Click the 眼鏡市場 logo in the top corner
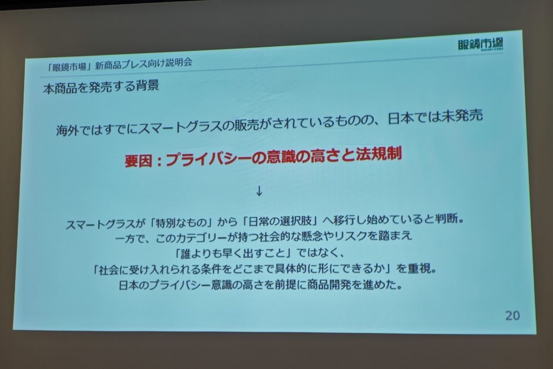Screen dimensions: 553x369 coord(480,45)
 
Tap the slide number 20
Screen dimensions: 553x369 coord(512,316)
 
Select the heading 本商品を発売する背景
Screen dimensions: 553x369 coord(101,87)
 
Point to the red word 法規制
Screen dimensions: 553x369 coord(379,154)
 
